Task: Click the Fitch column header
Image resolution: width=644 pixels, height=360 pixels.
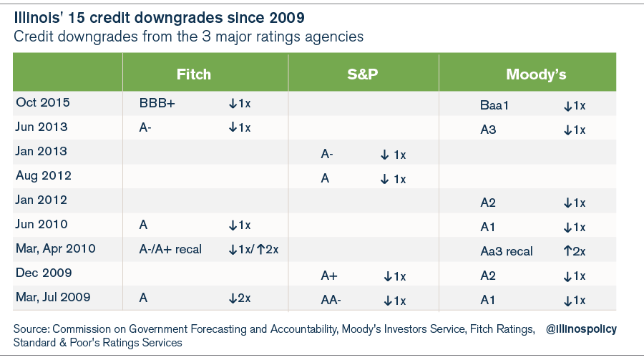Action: point(194,74)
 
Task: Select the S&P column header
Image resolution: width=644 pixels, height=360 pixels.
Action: point(363,74)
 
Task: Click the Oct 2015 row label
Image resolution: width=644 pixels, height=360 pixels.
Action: point(43,103)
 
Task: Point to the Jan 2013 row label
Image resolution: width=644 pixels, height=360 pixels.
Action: point(42,152)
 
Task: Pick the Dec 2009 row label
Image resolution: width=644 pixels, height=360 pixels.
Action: point(44,273)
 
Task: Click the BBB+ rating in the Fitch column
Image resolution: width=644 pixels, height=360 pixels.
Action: point(157,104)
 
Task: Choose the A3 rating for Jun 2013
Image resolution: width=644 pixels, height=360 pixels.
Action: point(489,130)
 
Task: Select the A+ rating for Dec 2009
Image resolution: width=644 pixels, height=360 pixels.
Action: point(329,276)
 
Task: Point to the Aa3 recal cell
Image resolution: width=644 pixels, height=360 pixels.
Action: point(507,252)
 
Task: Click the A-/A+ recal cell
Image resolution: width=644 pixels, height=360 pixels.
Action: point(170,250)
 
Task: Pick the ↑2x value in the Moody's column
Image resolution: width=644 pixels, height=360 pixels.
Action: point(575,252)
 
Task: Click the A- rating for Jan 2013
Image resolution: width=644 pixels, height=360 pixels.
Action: point(326,155)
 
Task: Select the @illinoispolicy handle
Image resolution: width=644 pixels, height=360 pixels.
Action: point(581,329)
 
